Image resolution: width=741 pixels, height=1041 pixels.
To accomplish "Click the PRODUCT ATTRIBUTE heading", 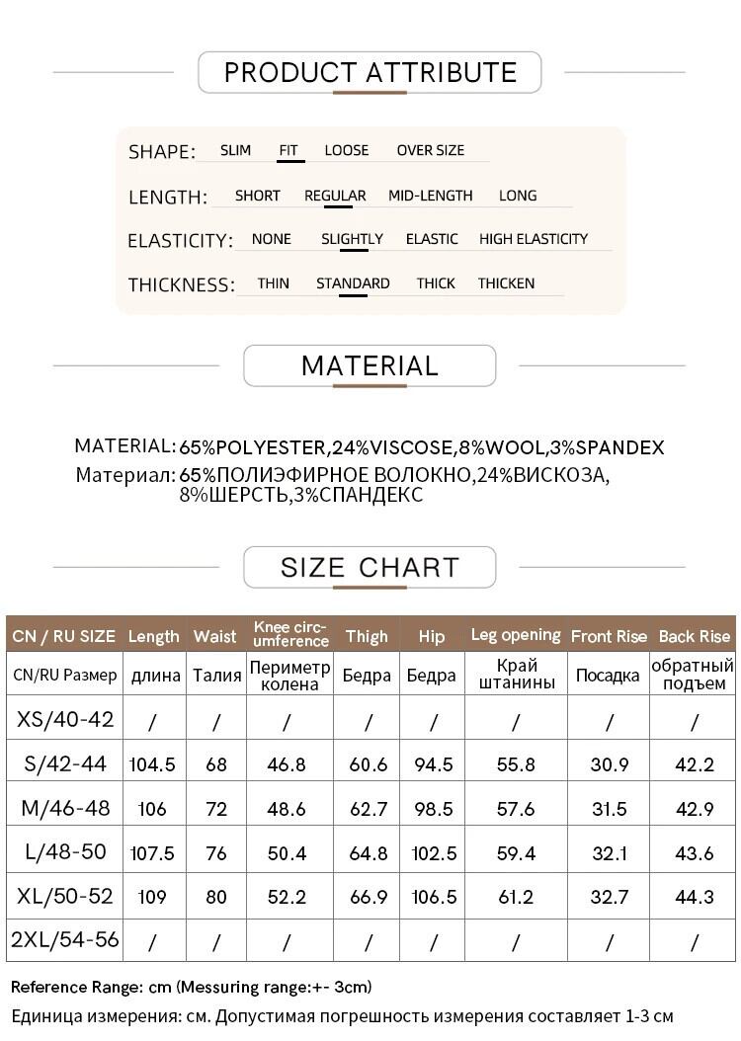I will click(370, 72).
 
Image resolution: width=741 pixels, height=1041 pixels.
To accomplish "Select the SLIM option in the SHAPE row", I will click(235, 150).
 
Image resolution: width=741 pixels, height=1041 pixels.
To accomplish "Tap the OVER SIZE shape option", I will click(430, 150).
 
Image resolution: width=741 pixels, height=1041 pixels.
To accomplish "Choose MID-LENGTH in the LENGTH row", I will click(430, 196).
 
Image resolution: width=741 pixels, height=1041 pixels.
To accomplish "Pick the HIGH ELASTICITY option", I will click(533, 239).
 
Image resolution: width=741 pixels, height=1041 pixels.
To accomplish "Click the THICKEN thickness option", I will click(506, 283).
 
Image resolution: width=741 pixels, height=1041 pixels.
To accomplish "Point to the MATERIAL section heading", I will click(370, 365).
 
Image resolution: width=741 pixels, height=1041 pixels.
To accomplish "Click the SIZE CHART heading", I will click(370, 567).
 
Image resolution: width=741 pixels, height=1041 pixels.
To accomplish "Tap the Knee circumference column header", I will click(289, 634).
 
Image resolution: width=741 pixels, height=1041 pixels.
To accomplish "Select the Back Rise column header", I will click(694, 636).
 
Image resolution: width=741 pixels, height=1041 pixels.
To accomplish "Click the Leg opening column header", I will click(515, 635).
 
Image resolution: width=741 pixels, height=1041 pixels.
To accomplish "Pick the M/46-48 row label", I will click(65, 808).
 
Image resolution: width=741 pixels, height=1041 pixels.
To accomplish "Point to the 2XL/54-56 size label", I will click(65, 939).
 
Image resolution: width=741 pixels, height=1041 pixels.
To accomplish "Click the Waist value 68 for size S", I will click(215, 764).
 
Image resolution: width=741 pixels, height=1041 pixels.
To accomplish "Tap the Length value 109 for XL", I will click(152, 898).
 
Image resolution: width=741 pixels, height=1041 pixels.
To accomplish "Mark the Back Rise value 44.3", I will click(694, 898).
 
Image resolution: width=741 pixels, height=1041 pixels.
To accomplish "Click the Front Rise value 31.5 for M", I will click(608, 809).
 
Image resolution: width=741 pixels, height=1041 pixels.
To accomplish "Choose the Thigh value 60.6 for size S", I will click(368, 764).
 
